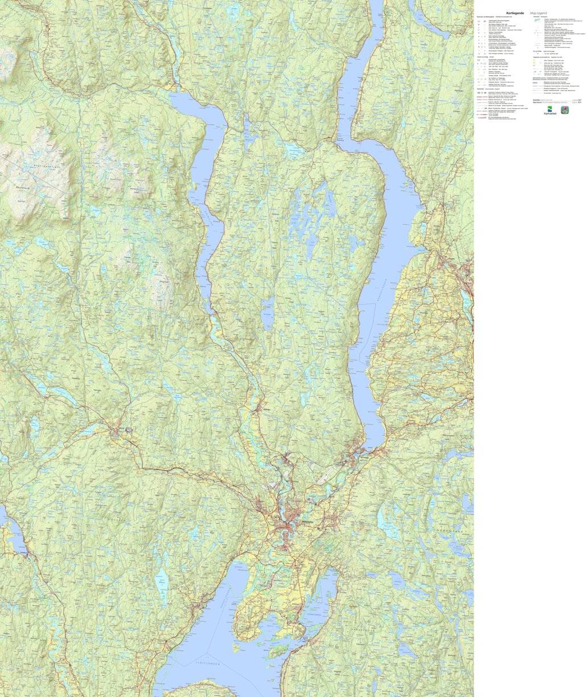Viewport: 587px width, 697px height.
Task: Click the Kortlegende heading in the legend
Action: (515, 13)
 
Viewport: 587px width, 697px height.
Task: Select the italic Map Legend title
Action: (539, 13)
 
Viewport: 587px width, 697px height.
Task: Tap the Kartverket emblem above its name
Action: (549, 109)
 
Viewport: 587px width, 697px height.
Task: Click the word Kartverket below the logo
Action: (549, 114)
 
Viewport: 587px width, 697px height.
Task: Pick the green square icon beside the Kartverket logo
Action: (565, 110)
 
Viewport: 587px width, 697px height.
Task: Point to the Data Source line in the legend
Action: (544, 102)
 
